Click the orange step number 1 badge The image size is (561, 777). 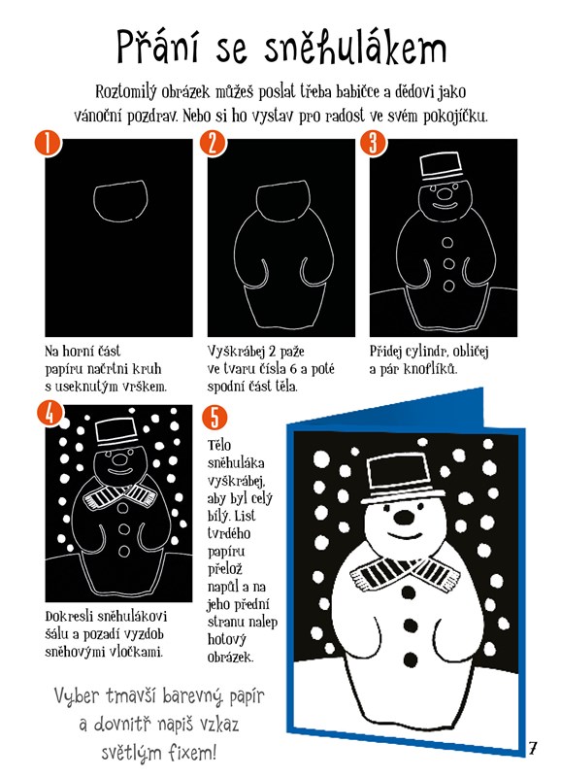click(x=48, y=144)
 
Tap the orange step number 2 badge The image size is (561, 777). click(x=213, y=144)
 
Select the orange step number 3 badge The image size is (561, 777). click(x=374, y=144)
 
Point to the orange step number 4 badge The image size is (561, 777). click(x=49, y=414)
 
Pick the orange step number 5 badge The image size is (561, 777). click(x=214, y=418)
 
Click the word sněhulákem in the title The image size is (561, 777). click(x=355, y=47)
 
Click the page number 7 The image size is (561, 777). click(x=532, y=748)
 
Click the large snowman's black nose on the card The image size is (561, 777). click(x=405, y=517)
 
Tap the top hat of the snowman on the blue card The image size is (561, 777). click(x=403, y=478)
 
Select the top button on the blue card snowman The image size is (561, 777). click(x=408, y=591)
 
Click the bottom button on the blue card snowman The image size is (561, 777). click(x=411, y=659)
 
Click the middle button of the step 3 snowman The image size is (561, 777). click(x=448, y=263)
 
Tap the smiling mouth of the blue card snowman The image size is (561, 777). click(x=405, y=536)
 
